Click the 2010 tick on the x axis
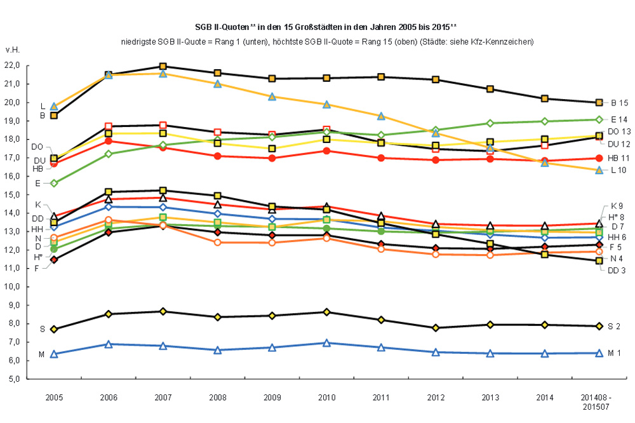coord(326,397)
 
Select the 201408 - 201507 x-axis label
coord(598,401)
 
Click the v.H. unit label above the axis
coord(13,50)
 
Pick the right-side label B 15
coord(619,102)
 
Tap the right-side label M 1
coord(617,353)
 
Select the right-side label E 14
coord(619,119)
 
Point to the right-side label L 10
coord(618,170)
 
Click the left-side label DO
coord(37,146)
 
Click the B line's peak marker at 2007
coord(163,66)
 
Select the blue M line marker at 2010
coord(326,343)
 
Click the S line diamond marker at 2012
coord(436,328)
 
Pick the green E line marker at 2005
coord(54,183)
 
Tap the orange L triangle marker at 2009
coord(272,97)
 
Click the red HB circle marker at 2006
coord(109,141)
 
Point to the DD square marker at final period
coord(598,260)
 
